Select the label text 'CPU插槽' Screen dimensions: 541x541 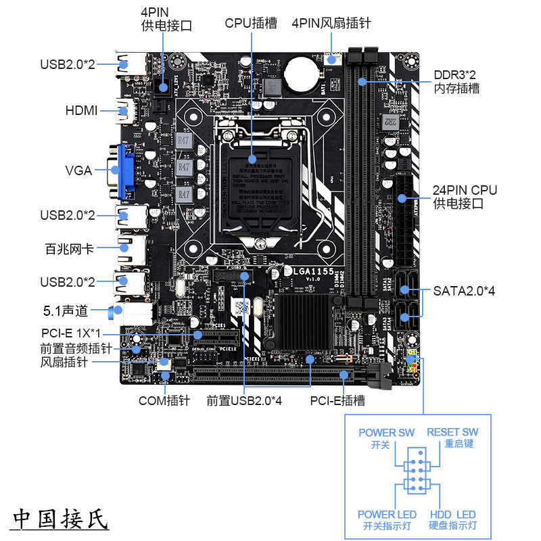click(x=251, y=23)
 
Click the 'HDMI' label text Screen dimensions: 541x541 click(x=82, y=110)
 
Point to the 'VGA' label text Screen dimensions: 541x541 click(x=78, y=170)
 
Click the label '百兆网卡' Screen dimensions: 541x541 click(x=69, y=248)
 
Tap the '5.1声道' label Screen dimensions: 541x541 click(x=66, y=311)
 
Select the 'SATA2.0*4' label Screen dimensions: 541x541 click(x=465, y=291)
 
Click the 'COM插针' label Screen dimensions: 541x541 click(x=164, y=400)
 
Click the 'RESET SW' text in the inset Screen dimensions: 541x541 click(x=452, y=432)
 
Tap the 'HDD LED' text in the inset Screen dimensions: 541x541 click(x=452, y=515)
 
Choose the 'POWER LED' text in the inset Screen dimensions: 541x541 click(x=387, y=515)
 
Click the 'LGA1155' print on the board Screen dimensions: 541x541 click(x=314, y=271)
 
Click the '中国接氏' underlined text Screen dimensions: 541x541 click(x=60, y=519)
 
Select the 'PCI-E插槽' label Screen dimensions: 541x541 click(x=337, y=400)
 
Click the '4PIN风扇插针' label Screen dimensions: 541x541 click(x=331, y=23)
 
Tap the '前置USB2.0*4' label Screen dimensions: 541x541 click(x=244, y=400)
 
